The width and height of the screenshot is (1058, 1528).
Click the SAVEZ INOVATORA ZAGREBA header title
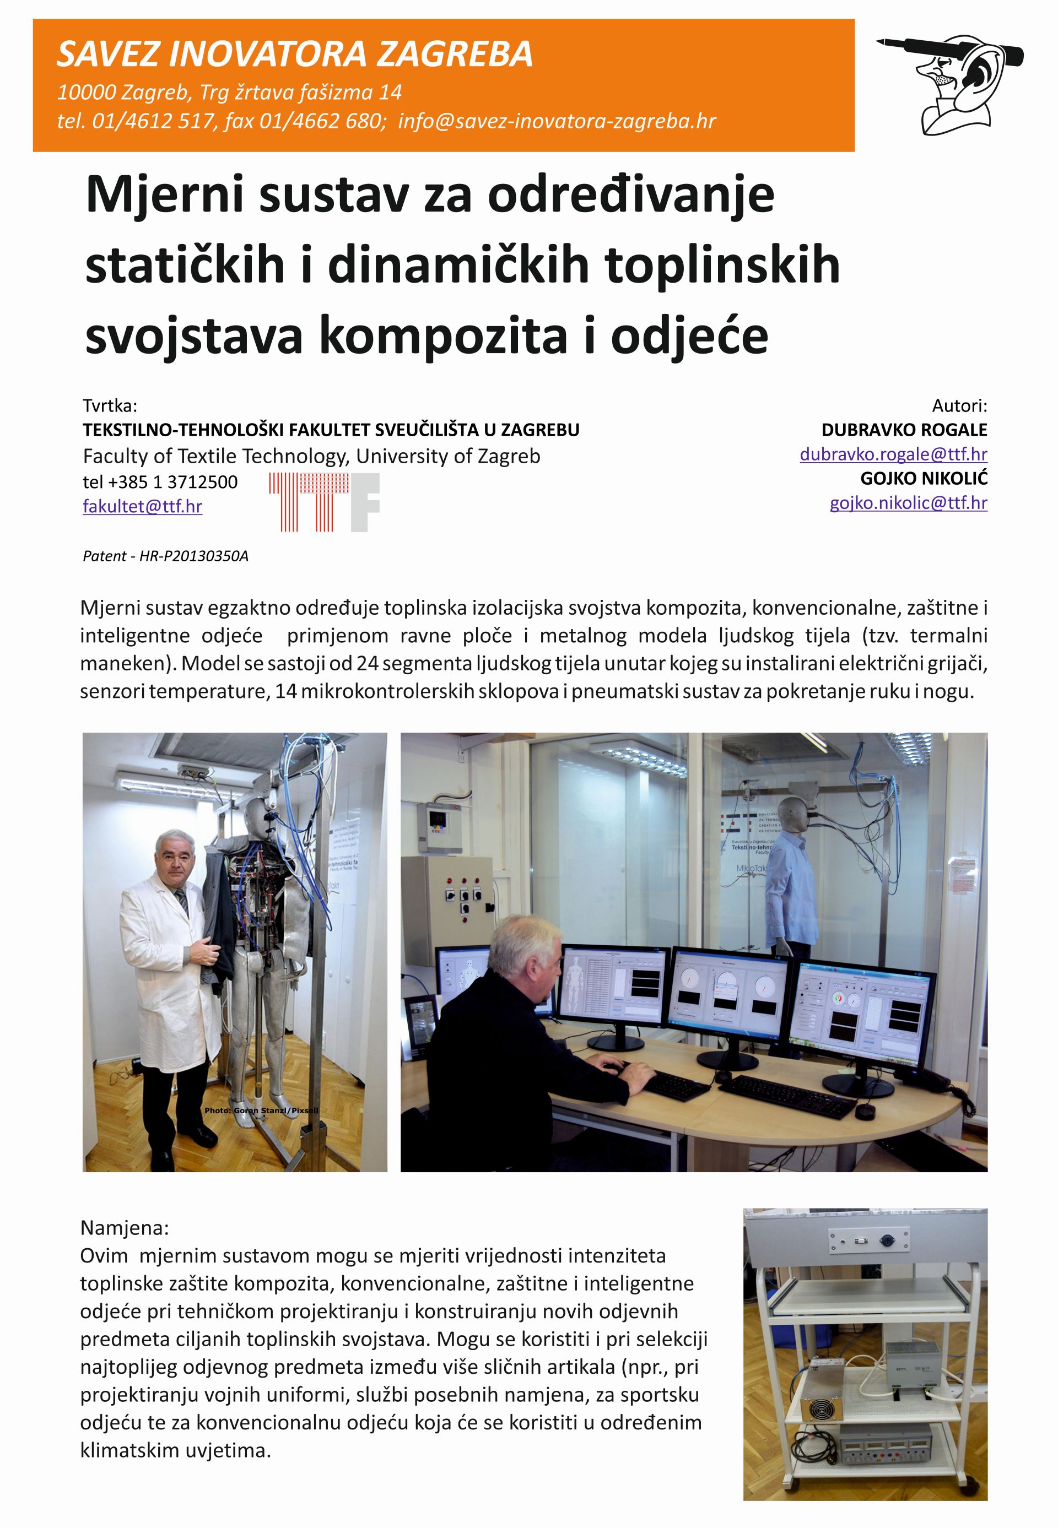294,55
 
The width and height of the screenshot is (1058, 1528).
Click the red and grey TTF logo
324,502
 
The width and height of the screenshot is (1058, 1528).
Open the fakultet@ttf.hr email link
143,506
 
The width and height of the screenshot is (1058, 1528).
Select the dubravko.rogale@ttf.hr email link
893,454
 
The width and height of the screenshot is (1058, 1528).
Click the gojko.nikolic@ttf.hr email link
908,502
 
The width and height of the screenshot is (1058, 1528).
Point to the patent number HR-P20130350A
193,556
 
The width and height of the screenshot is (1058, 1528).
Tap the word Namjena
123,1228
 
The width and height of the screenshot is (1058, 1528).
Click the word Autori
959,405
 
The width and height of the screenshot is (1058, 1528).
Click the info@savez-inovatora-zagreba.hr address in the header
557,121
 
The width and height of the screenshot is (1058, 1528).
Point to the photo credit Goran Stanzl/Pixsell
261,1110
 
